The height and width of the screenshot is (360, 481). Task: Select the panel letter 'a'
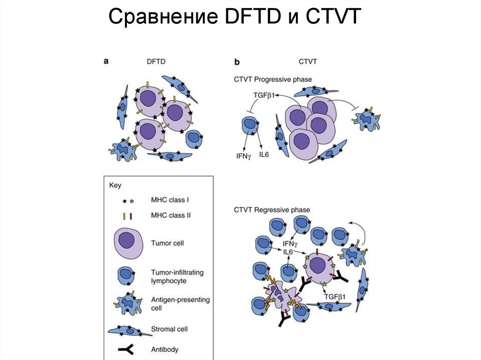tap(106, 61)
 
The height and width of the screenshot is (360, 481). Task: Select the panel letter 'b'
tap(237, 62)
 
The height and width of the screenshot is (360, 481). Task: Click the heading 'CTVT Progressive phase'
tap(273, 79)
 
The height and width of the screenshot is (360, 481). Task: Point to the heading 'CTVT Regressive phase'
tap(272, 210)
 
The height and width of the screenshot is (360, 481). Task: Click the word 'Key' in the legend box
tap(115, 185)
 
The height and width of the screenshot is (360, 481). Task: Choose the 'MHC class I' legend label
tap(170, 200)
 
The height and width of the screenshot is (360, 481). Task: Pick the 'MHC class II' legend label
tap(171, 216)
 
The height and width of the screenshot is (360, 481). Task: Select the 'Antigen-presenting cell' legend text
tap(174, 304)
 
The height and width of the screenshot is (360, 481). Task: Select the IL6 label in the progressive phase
tap(264, 153)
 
